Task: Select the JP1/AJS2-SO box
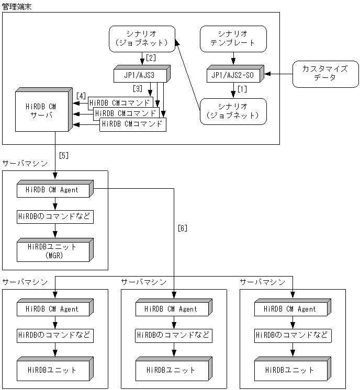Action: coord(232,75)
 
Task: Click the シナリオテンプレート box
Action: coord(233,39)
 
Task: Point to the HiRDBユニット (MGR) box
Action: coord(54,250)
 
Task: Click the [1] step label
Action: coord(242,89)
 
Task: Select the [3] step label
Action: coord(137,88)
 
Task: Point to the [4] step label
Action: coord(81,96)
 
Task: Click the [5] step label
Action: coord(64,155)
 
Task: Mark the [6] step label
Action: coord(182,228)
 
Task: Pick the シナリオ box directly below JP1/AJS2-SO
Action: coord(233,111)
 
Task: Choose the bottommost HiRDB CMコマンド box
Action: coord(133,124)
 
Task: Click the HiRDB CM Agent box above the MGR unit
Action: coord(54,190)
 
